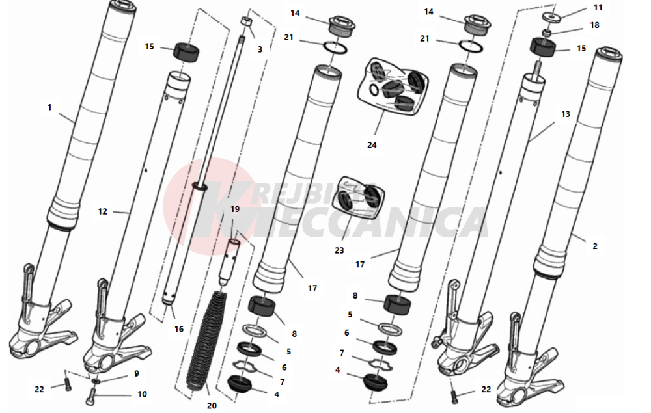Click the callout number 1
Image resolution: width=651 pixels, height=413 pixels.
click(50, 107)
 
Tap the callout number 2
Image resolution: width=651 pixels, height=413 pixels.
click(595, 246)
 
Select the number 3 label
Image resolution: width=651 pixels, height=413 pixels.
click(260, 49)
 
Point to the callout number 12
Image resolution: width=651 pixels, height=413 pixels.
click(103, 211)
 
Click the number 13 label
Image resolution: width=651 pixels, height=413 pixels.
click(566, 114)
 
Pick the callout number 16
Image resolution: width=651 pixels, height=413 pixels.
click(179, 329)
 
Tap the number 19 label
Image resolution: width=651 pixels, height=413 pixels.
click(235, 209)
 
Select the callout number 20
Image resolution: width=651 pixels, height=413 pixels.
click(212, 406)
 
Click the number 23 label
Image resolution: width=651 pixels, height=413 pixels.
click(339, 250)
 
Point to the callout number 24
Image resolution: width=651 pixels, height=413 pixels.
click(372, 145)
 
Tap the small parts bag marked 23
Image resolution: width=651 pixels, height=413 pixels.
click(358, 198)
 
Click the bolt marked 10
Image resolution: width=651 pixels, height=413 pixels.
click(91, 396)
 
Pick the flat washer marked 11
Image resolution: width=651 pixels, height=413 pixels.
click(551, 17)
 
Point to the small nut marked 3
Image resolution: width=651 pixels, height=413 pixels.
click(246, 21)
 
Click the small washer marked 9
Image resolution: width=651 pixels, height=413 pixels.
click(96, 380)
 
